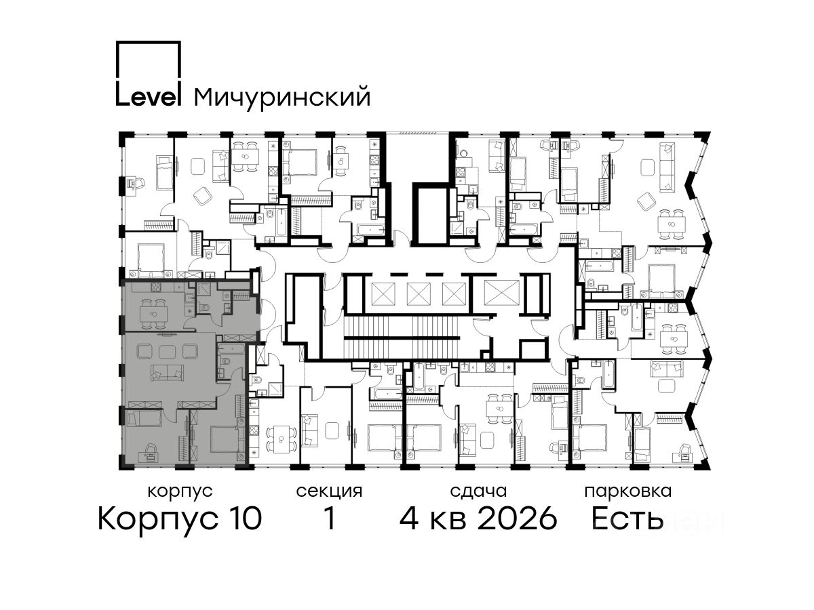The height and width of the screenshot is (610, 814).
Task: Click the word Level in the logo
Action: (x=148, y=96)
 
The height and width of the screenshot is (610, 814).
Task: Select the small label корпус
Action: (x=180, y=492)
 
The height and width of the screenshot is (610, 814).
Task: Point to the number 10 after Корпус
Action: (x=244, y=518)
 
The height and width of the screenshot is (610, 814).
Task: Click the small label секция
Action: (x=329, y=492)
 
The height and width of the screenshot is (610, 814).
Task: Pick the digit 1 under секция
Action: (x=330, y=518)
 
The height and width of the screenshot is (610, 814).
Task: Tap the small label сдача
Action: (x=478, y=492)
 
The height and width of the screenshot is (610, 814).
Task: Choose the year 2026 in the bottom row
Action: (x=518, y=518)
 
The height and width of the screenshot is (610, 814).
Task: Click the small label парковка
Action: (x=628, y=492)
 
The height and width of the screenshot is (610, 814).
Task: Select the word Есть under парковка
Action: (x=627, y=518)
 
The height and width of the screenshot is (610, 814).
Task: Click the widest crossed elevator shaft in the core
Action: (x=501, y=293)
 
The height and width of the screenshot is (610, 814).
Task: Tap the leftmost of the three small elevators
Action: (x=383, y=293)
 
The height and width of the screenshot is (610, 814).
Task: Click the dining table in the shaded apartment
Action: (x=153, y=314)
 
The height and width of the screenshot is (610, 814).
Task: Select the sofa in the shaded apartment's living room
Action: (x=167, y=373)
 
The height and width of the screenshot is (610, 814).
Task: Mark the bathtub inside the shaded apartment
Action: (x=231, y=350)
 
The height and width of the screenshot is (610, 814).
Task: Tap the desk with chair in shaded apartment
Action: (x=151, y=453)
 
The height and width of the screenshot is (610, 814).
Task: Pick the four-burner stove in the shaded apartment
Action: (x=156, y=287)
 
